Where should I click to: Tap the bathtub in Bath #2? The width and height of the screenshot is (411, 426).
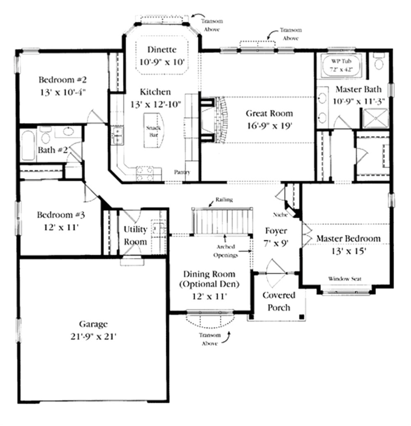pos(28,146)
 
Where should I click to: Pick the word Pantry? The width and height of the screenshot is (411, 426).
pos(182,172)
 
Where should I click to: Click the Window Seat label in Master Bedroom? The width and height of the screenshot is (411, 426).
pos(345,279)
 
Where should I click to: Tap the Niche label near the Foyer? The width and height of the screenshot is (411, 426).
pos(280,215)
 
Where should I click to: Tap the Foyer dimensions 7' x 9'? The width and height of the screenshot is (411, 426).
pos(276,243)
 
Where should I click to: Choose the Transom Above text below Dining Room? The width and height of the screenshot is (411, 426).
pos(210,339)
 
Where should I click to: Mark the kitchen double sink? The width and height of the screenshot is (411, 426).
pos(118,136)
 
